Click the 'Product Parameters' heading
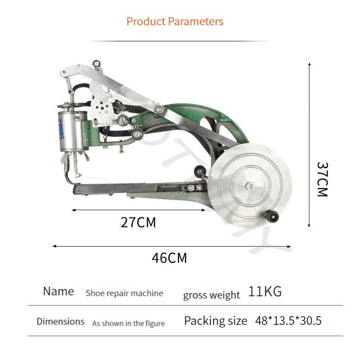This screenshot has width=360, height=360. pyautogui.click(x=175, y=22)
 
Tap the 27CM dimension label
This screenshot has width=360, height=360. pyautogui.click(x=138, y=222)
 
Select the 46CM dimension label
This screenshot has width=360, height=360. pyautogui.click(x=169, y=258)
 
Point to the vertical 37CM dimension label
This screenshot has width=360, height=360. pyautogui.click(x=322, y=179)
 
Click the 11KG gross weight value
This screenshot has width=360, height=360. pyautogui.click(x=265, y=292)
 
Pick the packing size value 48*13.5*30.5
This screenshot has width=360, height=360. pyautogui.click(x=288, y=320)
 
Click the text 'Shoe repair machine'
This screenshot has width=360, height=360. pyautogui.click(x=124, y=293)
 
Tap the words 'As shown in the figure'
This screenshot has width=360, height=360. pyautogui.click(x=128, y=324)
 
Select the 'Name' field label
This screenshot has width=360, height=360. pyautogui.click(x=58, y=291)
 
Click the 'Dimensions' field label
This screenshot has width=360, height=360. pyautogui.click(x=61, y=321)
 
